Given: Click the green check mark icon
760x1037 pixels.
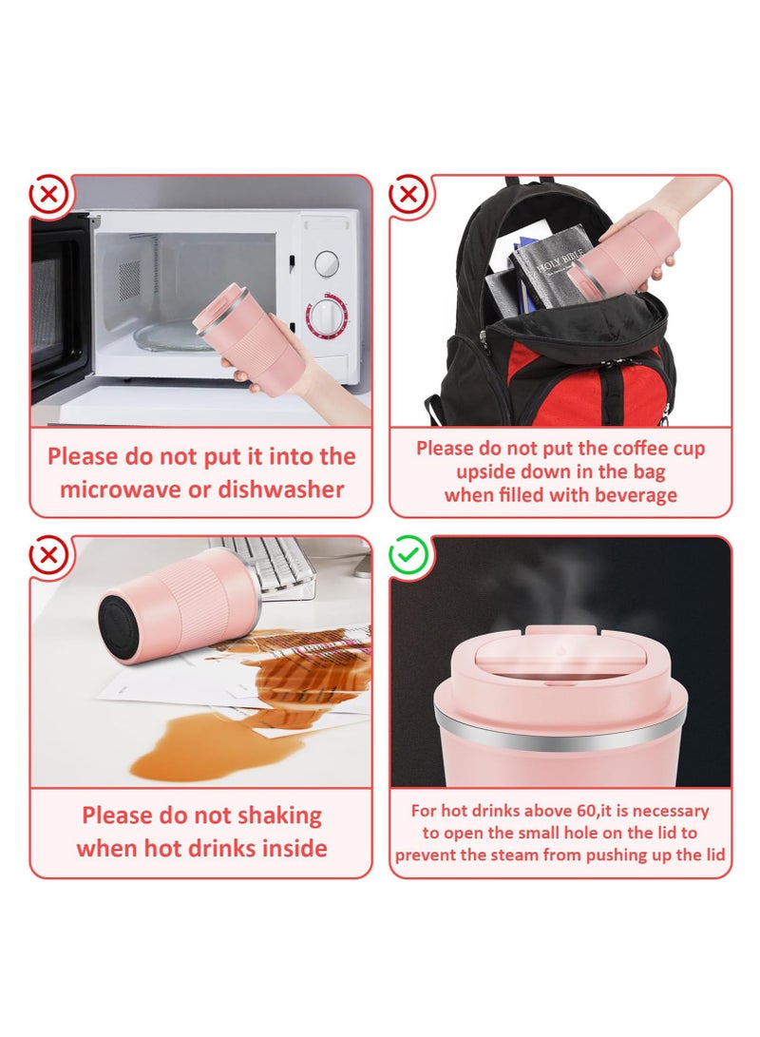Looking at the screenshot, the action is pyautogui.click(x=408, y=554).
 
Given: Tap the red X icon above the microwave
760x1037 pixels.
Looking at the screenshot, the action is pyautogui.click(x=48, y=195).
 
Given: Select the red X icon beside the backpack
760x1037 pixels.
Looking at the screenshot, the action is pyautogui.click(x=408, y=195).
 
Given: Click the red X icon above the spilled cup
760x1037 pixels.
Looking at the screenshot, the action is pyautogui.click(x=48, y=554).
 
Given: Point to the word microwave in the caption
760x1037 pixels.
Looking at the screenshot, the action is pyautogui.click(x=131, y=490).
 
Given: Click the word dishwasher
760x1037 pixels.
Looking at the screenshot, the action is pyautogui.click(x=281, y=490).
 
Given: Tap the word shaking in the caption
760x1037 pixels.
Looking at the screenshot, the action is pyautogui.click(x=279, y=816).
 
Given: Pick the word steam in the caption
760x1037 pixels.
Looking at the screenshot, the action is pyautogui.click(x=515, y=855).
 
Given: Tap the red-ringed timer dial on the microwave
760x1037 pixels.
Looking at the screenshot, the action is pyautogui.click(x=327, y=317).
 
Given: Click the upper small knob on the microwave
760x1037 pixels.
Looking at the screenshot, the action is pyautogui.click(x=327, y=263).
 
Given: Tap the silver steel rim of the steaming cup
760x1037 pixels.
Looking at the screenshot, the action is pyautogui.click(x=560, y=734).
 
